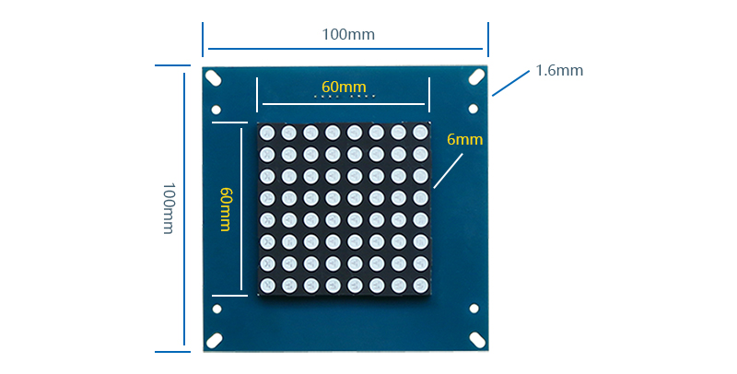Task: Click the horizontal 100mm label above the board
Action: (x=348, y=34)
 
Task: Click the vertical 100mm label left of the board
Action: (x=169, y=208)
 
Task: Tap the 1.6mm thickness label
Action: (x=559, y=71)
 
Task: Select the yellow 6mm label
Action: (x=465, y=139)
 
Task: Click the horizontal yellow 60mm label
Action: (x=344, y=87)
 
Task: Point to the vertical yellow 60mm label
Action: (x=226, y=209)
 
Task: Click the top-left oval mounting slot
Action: (x=214, y=77)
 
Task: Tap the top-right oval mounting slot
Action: (x=476, y=76)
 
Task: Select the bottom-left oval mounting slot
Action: (x=215, y=340)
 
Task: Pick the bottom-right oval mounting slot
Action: (x=477, y=340)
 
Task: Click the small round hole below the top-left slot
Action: (x=216, y=110)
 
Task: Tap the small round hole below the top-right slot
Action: (x=474, y=109)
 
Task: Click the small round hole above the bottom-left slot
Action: (x=216, y=309)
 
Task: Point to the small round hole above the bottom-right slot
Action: (x=474, y=309)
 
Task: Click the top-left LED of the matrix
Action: (x=267, y=133)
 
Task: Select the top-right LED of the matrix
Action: (x=420, y=132)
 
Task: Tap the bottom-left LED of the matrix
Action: (x=267, y=285)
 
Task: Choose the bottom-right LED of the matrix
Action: (x=421, y=285)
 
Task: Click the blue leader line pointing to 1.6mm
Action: (x=511, y=84)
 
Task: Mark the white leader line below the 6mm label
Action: (x=448, y=172)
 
